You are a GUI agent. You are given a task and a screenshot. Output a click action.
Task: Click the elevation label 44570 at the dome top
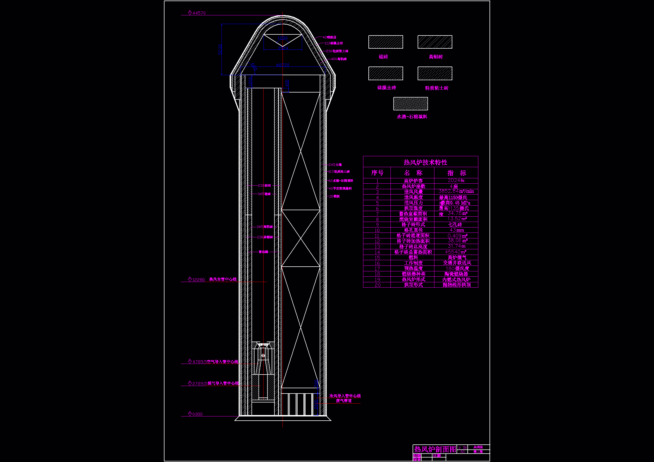pos(199,13)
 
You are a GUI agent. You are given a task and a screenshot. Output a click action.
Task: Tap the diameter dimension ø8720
pos(283,65)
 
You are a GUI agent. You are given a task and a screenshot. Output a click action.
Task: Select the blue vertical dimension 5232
pos(220,49)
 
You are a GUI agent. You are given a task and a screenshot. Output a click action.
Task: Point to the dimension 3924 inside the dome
pos(283,48)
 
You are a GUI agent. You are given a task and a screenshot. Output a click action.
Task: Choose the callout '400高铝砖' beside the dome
pos(339,59)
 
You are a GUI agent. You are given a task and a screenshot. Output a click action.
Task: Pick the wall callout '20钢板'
pos(334,196)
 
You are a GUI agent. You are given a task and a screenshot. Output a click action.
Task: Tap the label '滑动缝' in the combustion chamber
pos(263,252)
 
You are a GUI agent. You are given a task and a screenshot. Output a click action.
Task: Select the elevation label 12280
pos(198,279)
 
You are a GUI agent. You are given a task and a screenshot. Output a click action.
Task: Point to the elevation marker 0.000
pos(197,414)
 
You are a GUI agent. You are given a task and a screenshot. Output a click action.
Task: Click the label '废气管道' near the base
pos(344,401)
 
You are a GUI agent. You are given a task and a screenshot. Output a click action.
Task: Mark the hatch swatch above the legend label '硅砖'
pos(385,42)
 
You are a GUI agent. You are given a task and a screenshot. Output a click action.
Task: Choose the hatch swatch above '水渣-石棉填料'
pos(410,104)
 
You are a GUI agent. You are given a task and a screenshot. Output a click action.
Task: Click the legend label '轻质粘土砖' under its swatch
pos(436,88)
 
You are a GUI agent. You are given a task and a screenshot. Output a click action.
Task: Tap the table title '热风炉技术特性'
pos(425,162)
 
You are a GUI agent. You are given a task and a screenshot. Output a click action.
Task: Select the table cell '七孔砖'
pos(455,225)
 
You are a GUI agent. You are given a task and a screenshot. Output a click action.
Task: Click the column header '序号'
pos(377,173)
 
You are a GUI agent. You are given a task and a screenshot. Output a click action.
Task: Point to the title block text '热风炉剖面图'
pos(435,449)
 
